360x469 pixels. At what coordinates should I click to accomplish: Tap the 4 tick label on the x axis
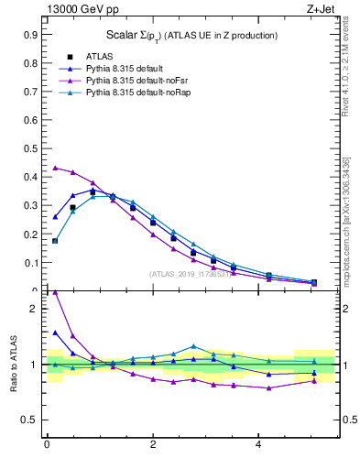pyautogui.click(x=259, y=445)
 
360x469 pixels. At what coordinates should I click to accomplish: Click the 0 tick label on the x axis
pyautogui.click(x=47, y=445)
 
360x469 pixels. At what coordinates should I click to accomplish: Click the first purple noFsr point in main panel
pyautogui.click(x=55, y=168)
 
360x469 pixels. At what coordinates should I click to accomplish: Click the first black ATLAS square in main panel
pyautogui.click(x=55, y=241)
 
